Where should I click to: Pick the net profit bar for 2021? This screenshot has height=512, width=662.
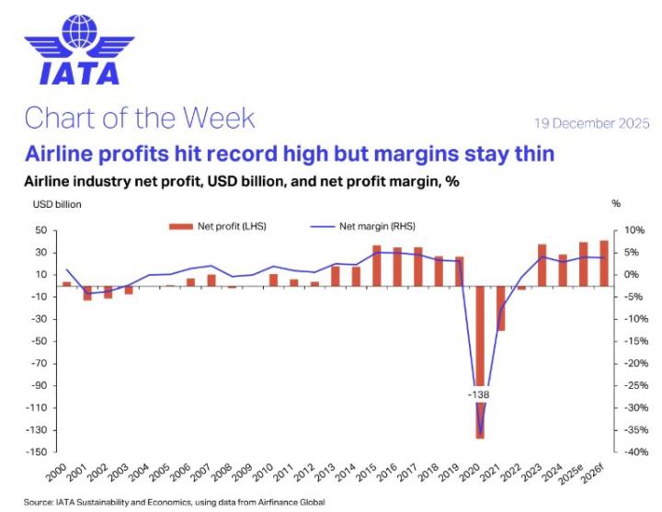click(x=500, y=308)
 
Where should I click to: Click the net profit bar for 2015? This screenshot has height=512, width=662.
click(x=376, y=266)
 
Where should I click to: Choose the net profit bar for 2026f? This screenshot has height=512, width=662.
click(x=604, y=263)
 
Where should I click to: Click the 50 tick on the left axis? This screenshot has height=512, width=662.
click(x=41, y=231)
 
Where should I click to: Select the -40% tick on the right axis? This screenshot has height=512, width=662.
click(x=625, y=452)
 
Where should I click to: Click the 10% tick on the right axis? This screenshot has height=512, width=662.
click(x=625, y=231)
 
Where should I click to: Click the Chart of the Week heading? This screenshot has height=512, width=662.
click(x=139, y=118)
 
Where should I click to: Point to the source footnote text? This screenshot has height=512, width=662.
click(x=175, y=502)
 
